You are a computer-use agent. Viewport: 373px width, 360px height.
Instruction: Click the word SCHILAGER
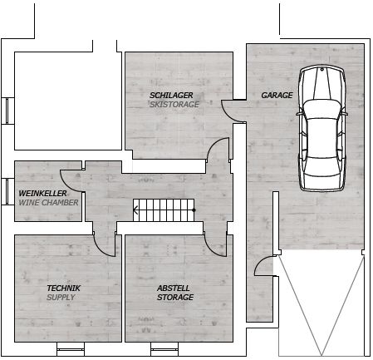pyautogui.click(x=171, y=96)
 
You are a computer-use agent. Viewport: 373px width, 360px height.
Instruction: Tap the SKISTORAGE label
pyautogui.click(x=174, y=105)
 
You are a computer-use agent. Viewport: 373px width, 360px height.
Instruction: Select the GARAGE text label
pyautogui.click(x=277, y=96)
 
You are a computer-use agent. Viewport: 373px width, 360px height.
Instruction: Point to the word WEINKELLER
pyautogui.click(x=42, y=193)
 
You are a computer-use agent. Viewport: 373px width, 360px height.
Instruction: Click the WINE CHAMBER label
pyautogui.click(x=48, y=203)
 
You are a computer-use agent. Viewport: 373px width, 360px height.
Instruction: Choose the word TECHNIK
pyautogui.click(x=64, y=288)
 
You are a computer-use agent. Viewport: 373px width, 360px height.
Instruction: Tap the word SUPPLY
pyautogui.click(x=61, y=298)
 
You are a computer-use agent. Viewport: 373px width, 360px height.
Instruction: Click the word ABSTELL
pyautogui.click(x=174, y=288)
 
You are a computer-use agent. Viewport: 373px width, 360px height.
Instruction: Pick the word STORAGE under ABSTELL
pyautogui.click(x=175, y=298)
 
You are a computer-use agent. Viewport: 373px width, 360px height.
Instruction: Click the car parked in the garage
pyautogui.click(x=322, y=128)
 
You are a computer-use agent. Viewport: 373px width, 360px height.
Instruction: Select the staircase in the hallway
pyautogui.click(x=164, y=210)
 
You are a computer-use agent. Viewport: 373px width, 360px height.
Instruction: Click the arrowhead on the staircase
pyautogui.click(x=135, y=210)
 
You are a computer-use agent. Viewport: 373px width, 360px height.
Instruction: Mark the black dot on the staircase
pyautogui.click(x=194, y=210)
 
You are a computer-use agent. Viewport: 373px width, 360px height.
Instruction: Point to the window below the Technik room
pyautogui.click(x=71, y=349)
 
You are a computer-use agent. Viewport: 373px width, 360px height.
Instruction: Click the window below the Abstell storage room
pyautogui.click(x=164, y=349)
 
